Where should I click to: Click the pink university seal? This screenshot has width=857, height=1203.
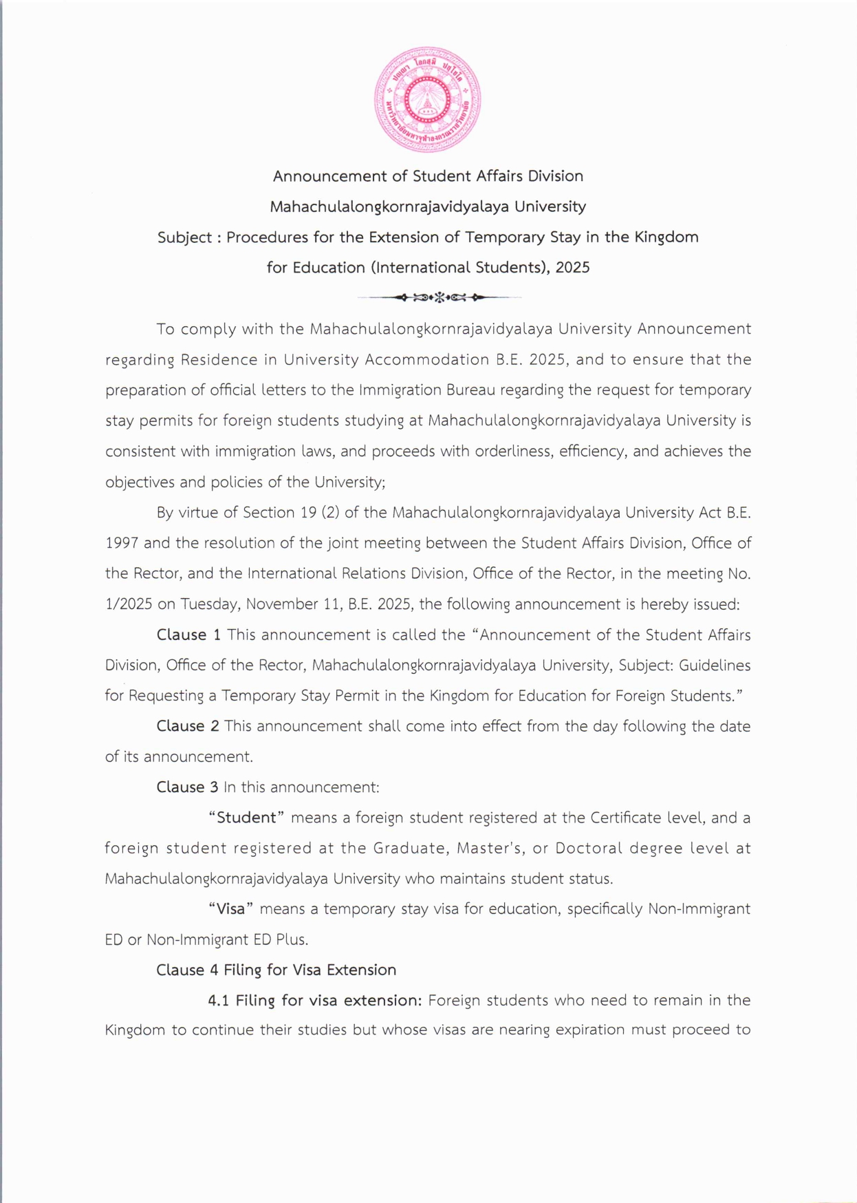click(x=427, y=100)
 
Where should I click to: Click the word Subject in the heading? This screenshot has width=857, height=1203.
click(x=184, y=237)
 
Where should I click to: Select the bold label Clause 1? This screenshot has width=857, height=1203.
click(x=188, y=635)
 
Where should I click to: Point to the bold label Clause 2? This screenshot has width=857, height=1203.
click(x=188, y=726)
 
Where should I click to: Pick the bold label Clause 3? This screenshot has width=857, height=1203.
click(x=187, y=787)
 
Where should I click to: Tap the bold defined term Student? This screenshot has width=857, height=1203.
click(x=246, y=818)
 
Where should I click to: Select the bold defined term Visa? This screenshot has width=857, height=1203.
click(x=230, y=908)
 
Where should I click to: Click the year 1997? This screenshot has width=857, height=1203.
click(x=122, y=543)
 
